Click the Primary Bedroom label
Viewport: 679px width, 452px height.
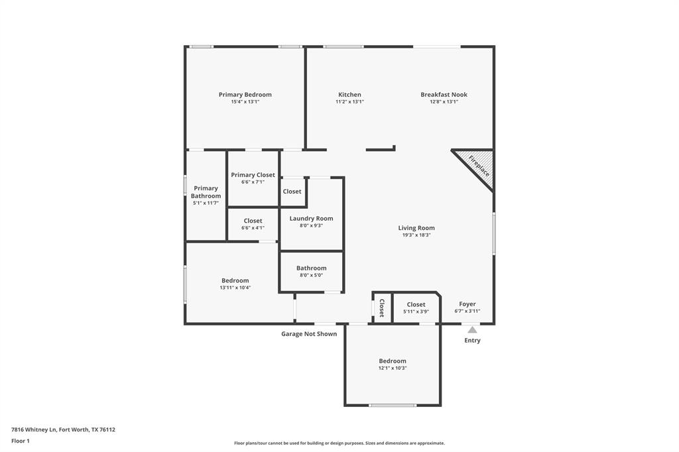(245, 95)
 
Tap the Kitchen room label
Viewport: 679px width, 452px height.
(349, 95)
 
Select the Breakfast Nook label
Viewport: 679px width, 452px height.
(444, 95)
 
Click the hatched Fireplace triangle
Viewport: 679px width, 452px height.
(479, 165)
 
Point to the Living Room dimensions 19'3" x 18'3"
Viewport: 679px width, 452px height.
(416, 235)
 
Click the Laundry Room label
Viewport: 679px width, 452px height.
(311, 219)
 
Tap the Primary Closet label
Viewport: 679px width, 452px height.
(253, 175)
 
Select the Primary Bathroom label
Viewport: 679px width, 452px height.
(206, 192)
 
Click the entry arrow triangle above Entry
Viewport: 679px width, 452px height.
(471, 329)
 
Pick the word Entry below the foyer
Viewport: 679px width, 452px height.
(472, 341)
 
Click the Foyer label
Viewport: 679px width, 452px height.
(467, 304)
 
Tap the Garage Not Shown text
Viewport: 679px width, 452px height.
(308, 334)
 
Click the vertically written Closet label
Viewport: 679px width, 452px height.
(381, 308)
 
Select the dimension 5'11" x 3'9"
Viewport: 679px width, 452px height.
(416, 311)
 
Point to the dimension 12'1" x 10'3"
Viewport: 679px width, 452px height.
(393, 368)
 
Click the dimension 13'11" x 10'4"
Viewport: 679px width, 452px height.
(235, 288)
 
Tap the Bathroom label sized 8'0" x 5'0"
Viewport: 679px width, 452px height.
(311, 268)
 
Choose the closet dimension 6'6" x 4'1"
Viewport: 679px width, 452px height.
(253, 228)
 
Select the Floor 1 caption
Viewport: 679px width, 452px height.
(21, 441)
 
